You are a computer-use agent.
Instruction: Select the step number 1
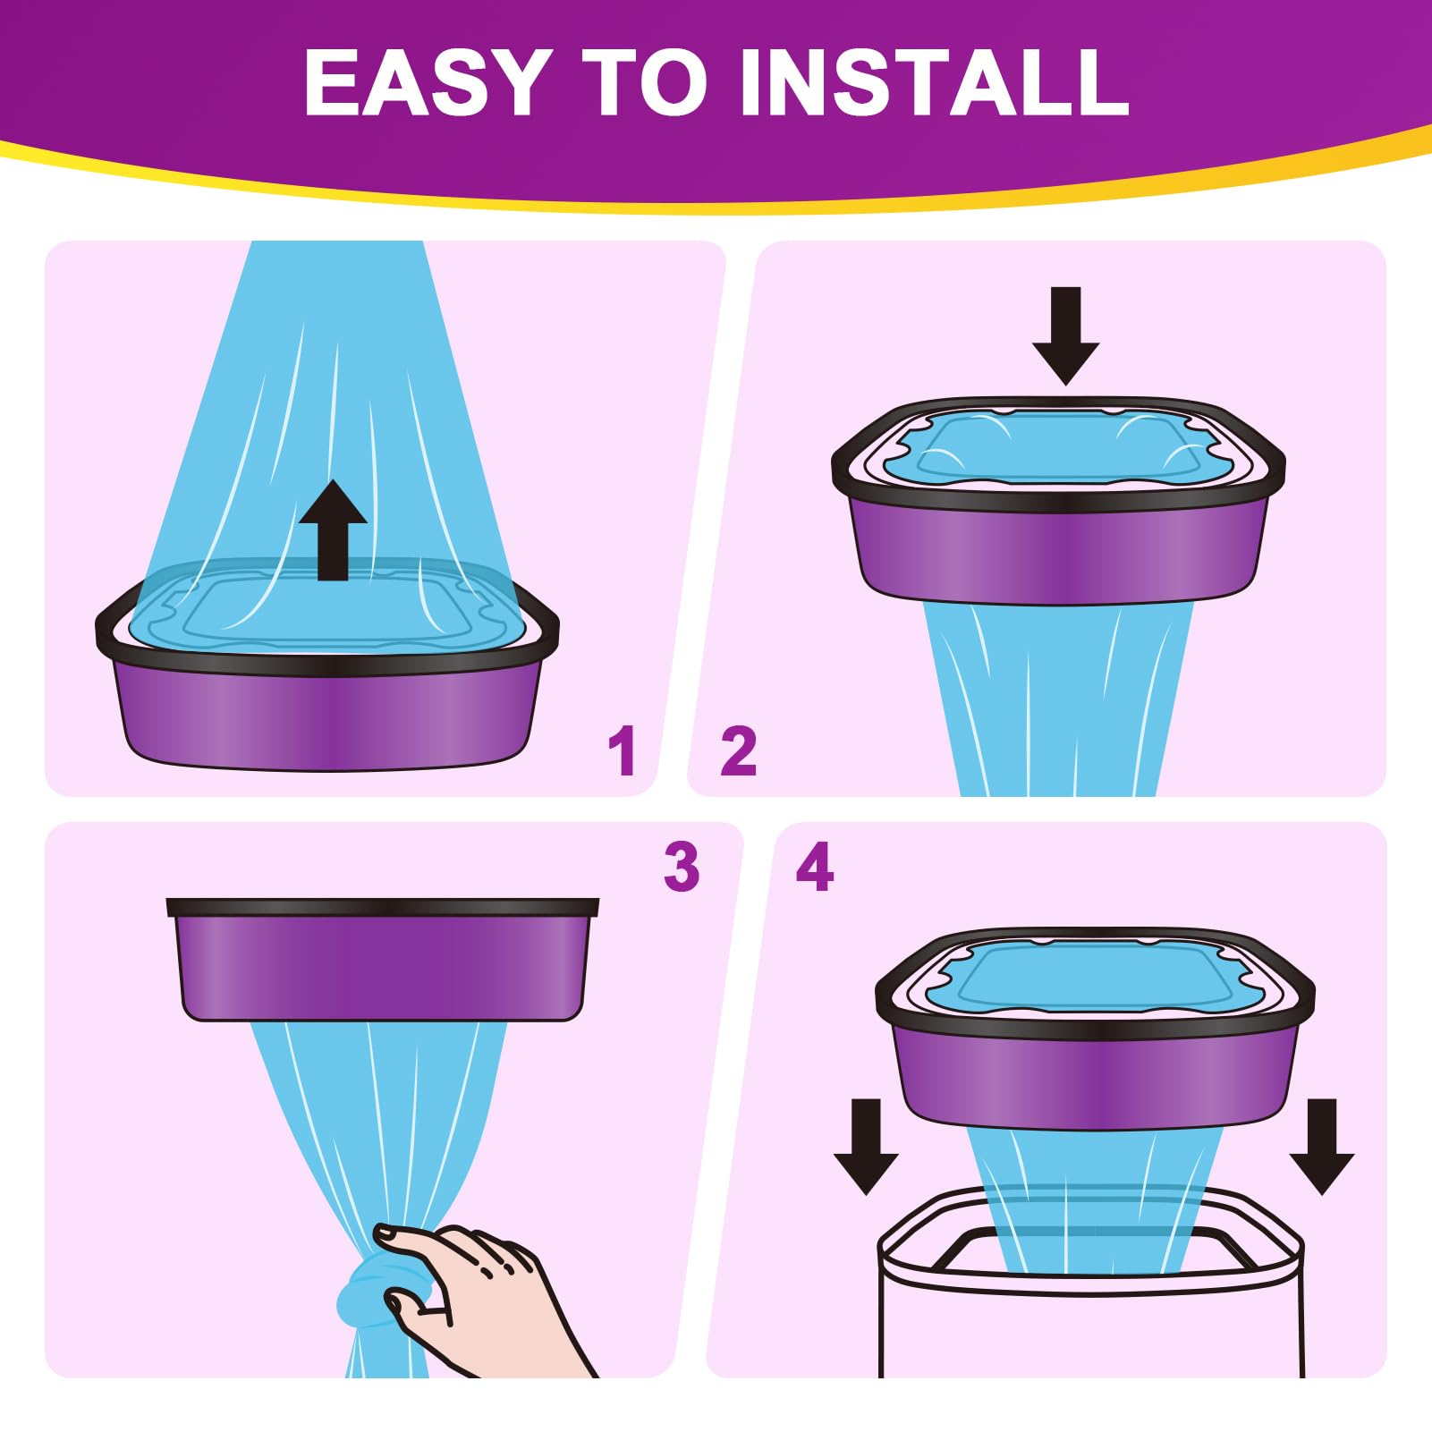point(622,751)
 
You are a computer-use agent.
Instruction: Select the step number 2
point(739,751)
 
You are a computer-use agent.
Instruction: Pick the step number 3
point(682,867)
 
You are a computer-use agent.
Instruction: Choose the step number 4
point(815,867)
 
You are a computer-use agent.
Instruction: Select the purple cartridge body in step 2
point(1060,555)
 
